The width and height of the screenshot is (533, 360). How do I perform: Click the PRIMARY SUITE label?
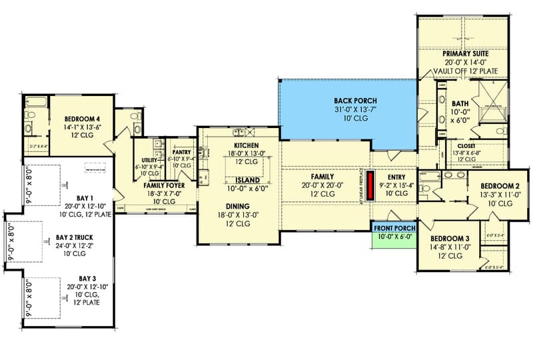[466, 53]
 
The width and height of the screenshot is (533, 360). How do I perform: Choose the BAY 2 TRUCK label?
[74, 237]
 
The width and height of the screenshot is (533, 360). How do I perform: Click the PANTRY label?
[182, 152]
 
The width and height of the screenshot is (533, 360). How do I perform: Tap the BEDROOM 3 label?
[450, 239]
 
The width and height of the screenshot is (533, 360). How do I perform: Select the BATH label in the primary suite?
[460, 103]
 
